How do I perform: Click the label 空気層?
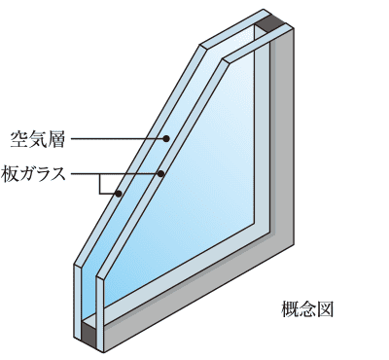pyautogui.click(x=37, y=140)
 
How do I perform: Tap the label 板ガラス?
pyautogui.click(x=33, y=174)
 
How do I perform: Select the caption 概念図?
pyautogui.click(x=307, y=309)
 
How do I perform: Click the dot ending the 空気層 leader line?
pyautogui.click(x=166, y=139)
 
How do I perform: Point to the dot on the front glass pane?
pyautogui.click(x=160, y=173)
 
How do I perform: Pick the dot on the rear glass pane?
pyautogui.click(x=119, y=194)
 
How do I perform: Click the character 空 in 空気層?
pyautogui.click(x=18, y=140)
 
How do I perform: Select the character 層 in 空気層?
pyautogui.click(x=55, y=140)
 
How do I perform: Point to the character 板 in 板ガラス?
pyautogui.click(x=10, y=174)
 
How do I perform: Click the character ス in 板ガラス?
pyautogui.click(x=57, y=174)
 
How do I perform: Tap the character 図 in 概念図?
pyautogui.click(x=325, y=309)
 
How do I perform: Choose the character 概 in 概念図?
pyautogui.click(x=289, y=309)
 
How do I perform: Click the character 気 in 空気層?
pyautogui.click(x=37, y=140)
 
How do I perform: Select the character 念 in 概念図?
pyautogui.click(x=307, y=309)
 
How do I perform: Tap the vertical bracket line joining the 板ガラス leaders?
pyautogui.click(x=100, y=184)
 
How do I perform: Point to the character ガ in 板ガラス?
pyautogui.click(x=27, y=174)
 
